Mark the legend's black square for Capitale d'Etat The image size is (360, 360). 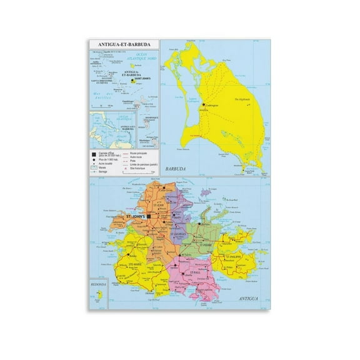click(94, 152)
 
